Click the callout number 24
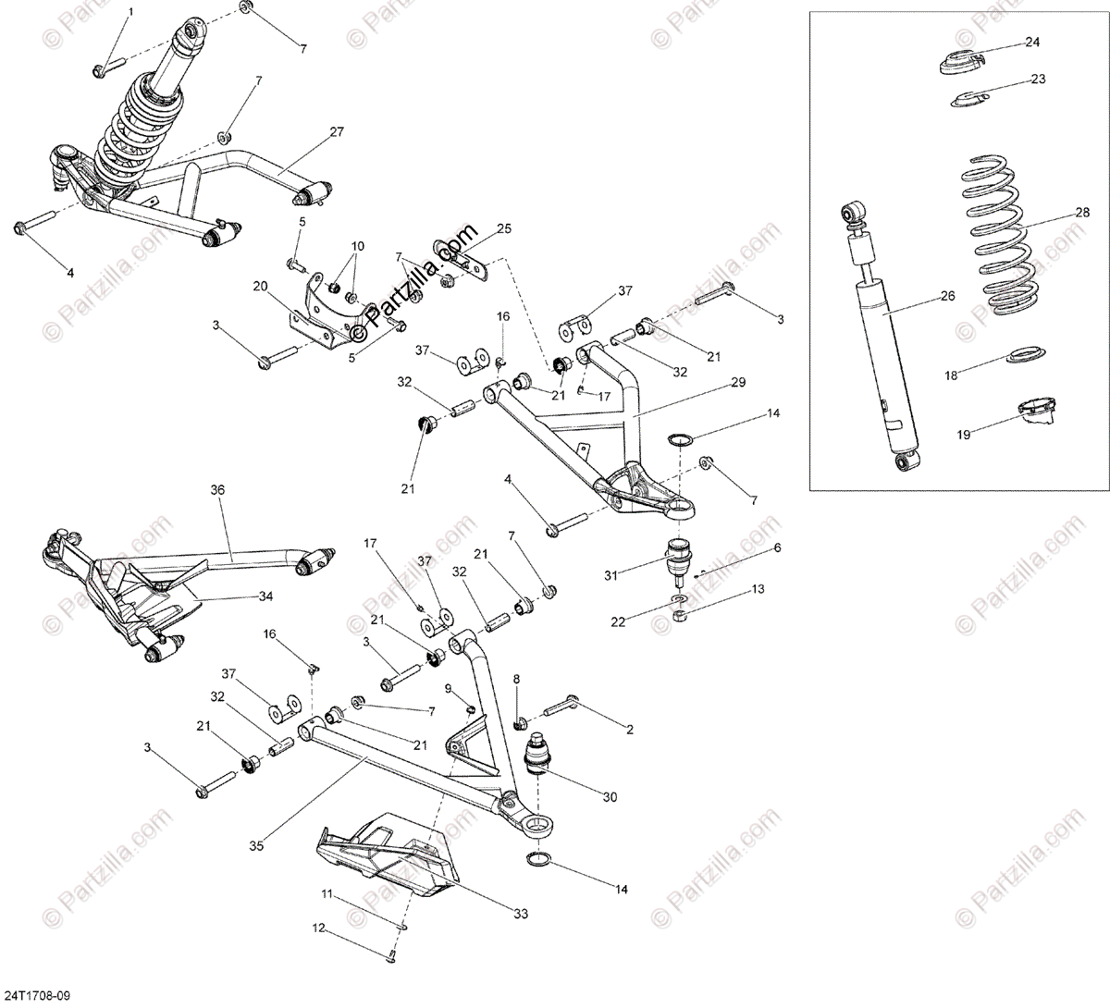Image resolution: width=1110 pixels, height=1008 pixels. (x=1032, y=43)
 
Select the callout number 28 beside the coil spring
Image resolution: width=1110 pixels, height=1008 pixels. (x=1082, y=213)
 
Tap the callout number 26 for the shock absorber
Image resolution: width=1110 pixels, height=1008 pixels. (x=946, y=298)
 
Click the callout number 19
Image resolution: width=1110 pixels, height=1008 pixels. (x=964, y=433)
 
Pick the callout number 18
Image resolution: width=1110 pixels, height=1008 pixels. (x=951, y=376)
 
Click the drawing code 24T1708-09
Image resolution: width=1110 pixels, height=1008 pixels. (x=34, y=996)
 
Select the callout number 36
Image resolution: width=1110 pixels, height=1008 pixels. (x=217, y=489)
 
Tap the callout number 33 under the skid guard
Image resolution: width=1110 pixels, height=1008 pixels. (x=521, y=914)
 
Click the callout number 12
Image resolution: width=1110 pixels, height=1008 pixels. (x=317, y=928)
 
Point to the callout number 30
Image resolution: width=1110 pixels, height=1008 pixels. (x=610, y=796)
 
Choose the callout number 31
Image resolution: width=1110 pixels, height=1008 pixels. (x=610, y=575)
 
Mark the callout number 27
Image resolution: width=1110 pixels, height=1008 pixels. (x=336, y=132)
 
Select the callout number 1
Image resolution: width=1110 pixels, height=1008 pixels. (x=130, y=12)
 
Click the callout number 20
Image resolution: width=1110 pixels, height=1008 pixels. (x=259, y=286)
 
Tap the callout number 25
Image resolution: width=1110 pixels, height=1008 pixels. (x=503, y=228)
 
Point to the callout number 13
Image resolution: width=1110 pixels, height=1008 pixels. (x=758, y=588)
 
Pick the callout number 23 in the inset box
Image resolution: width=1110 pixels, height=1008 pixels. (x=1038, y=80)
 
